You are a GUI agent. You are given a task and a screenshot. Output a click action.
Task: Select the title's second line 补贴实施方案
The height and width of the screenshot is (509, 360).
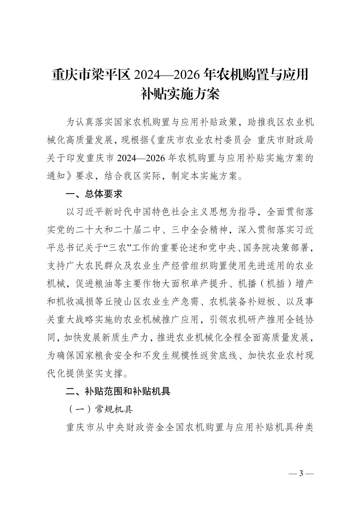pyautogui.click(x=180, y=94)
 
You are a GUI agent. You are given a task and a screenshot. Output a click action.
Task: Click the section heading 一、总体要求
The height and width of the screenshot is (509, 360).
pyautogui.click(x=94, y=194)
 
